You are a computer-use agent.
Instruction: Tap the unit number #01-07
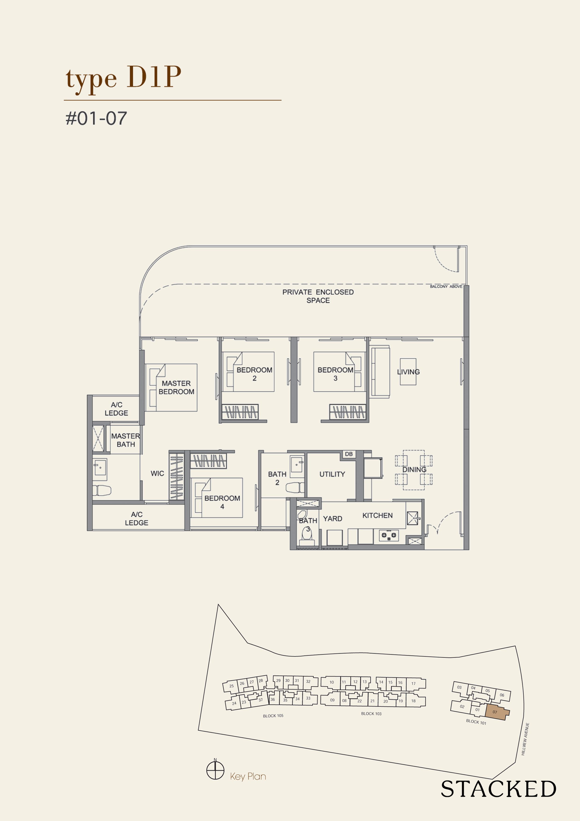[96, 118]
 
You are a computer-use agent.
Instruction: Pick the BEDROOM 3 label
[335, 374]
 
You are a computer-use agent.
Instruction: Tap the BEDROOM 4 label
[222, 502]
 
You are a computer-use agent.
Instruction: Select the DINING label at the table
[414, 469]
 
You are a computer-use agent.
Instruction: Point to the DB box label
[349, 454]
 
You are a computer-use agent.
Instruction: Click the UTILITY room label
[332, 474]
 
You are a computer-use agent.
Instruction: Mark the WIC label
[157, 473]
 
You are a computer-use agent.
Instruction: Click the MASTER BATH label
[125, 440]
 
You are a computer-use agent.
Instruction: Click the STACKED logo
[498, 789]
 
